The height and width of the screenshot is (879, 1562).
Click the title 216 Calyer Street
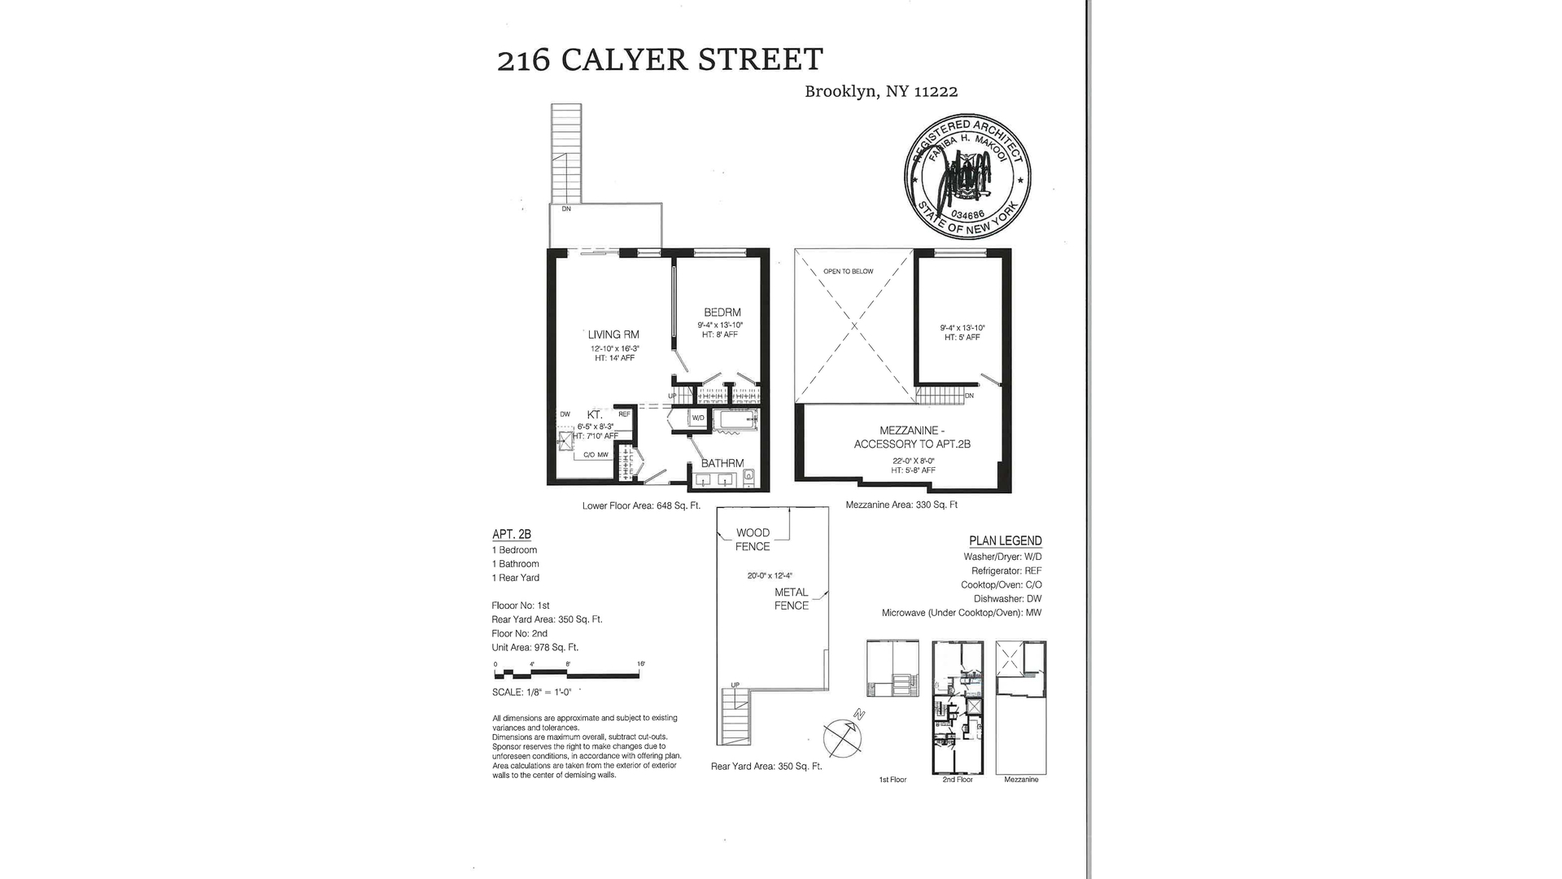(660, 60)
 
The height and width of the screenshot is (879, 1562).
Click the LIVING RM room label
(613, 335)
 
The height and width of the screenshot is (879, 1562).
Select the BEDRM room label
(722, 313)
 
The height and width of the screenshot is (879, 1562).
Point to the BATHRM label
(722, 463)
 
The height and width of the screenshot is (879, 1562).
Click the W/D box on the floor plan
(698, 418)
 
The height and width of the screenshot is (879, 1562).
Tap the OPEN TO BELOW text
(848, 272)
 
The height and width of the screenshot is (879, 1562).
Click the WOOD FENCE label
(753, 540)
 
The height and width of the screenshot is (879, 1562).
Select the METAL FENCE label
(791, 599)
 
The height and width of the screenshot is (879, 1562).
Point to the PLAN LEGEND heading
(1005, 541)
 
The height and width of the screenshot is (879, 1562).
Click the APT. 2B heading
(512, 535)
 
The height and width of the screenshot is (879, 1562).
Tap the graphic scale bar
(569, 671)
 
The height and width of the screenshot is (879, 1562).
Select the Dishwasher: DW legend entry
(1007, 599)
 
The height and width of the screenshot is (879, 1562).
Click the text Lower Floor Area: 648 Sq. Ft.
(641, 505)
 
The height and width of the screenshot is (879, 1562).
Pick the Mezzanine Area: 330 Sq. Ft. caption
(901, 505)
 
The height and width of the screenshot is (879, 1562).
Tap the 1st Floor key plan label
(892, 780)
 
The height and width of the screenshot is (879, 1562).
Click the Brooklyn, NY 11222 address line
(881, 92)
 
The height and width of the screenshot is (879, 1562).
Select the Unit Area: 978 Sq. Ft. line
(535, 648)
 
